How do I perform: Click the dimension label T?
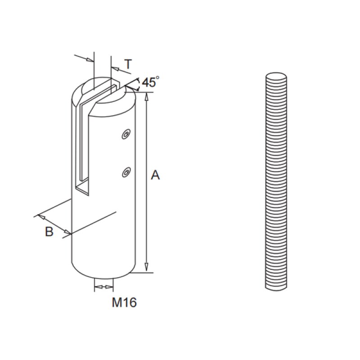[x=128, y=64]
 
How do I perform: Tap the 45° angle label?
[x=150, y=82]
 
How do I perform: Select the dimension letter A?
[x=155, y=175]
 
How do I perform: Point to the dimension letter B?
[x=49, y=232]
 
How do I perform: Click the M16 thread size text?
[x=124, y=303]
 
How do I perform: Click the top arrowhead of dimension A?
[x=146, y=95]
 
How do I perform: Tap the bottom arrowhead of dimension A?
[x=146, y=269]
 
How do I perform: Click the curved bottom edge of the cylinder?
[x=103, y=275]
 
